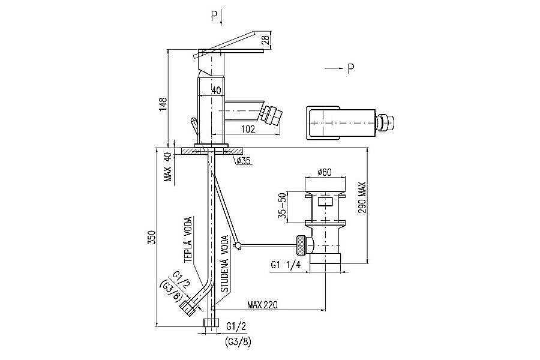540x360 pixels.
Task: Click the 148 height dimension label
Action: click(x=163, y=105)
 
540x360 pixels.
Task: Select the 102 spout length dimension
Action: click(x=248, y=129)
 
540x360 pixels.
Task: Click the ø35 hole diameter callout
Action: click(x=243, y=160)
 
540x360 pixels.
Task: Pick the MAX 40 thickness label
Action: click(x=168, y=167)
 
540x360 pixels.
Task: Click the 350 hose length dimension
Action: click(x=152, y=237)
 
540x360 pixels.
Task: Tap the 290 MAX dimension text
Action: click(x=362, y=197)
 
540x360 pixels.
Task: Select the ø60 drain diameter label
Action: click(x=325, y=172)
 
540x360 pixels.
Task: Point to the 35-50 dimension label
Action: click(x=283, y=206)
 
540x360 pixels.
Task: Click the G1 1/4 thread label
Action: click(x=286, y=265)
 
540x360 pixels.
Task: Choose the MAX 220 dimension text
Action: click(x=262, y=305)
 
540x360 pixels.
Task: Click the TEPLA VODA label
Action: click(x=188, y=240)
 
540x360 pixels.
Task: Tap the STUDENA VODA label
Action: click(x=224, y=263)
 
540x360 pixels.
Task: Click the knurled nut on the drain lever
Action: click(x=301, y=245)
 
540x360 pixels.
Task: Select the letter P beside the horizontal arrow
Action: click(x=350, y=69)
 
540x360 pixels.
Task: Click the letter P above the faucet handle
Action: click(x=214, y=17)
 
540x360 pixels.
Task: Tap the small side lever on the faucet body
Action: click(x=194, y=127)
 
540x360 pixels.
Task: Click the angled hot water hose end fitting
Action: click(x=188, y=308)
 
